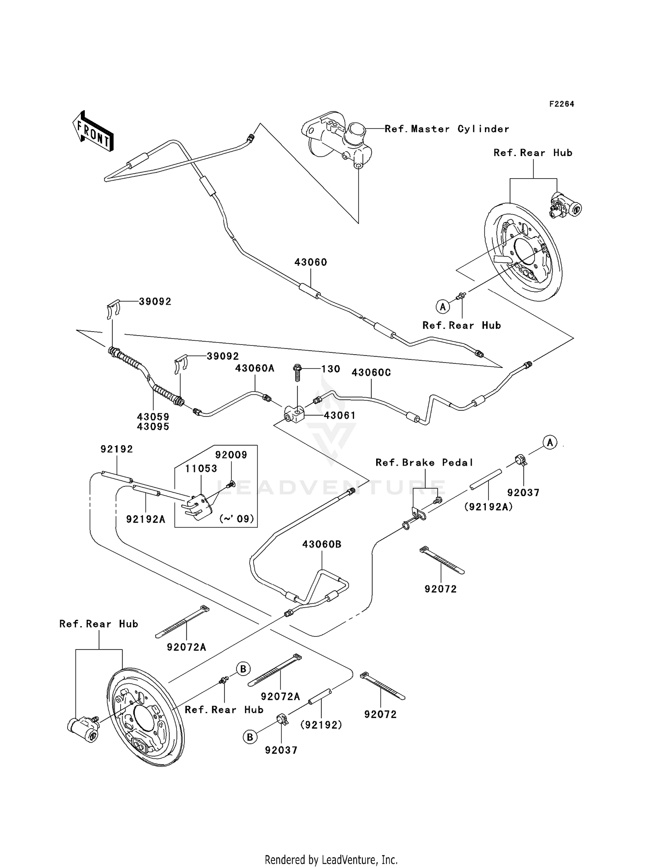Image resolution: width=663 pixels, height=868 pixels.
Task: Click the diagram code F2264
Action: (x=561, y=104)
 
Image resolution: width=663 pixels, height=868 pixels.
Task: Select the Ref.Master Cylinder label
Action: (x=446, y=129)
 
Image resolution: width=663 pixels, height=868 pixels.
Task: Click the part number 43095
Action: (x=153, y=427)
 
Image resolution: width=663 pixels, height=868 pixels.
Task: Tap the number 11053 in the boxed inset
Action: (x=201, y=469)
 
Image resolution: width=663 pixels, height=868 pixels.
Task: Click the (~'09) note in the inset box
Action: (x=237, y=519)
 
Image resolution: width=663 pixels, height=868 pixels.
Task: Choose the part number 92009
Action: (x=231, y=455)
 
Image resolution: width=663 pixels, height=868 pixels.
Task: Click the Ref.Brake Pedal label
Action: (x=424, y=463)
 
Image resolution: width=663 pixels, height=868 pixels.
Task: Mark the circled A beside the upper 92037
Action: (x=550, y=442)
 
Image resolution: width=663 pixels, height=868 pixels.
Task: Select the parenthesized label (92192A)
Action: (x=488, y=507)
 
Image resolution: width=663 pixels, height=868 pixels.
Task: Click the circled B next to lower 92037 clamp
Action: (x=250, y=737)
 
